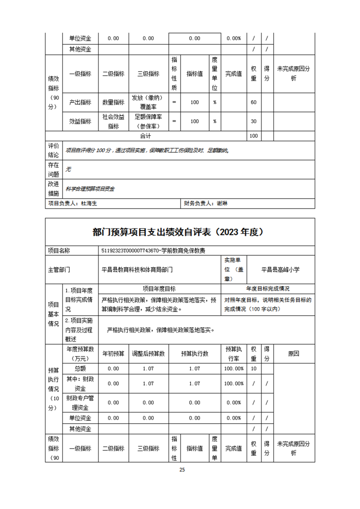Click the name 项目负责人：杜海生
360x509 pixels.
[x=72, y=204]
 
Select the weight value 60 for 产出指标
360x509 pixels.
[x=253, y=103]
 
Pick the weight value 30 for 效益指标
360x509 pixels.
[x=253, y=121]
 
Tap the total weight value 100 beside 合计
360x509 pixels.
[x=253, y=136]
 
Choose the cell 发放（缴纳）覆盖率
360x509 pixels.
[x=148, y=103]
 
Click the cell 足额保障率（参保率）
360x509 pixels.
[x=148, y=121]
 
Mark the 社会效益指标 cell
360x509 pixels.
[x=113, y=121]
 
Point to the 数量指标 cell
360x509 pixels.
[x=113, y=103]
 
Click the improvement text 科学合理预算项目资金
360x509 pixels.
[x=90, y=189]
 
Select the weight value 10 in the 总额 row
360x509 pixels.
[x=253, y=368]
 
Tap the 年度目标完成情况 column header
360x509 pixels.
[x=268, y=289]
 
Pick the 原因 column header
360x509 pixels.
[x=293, y=353]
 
